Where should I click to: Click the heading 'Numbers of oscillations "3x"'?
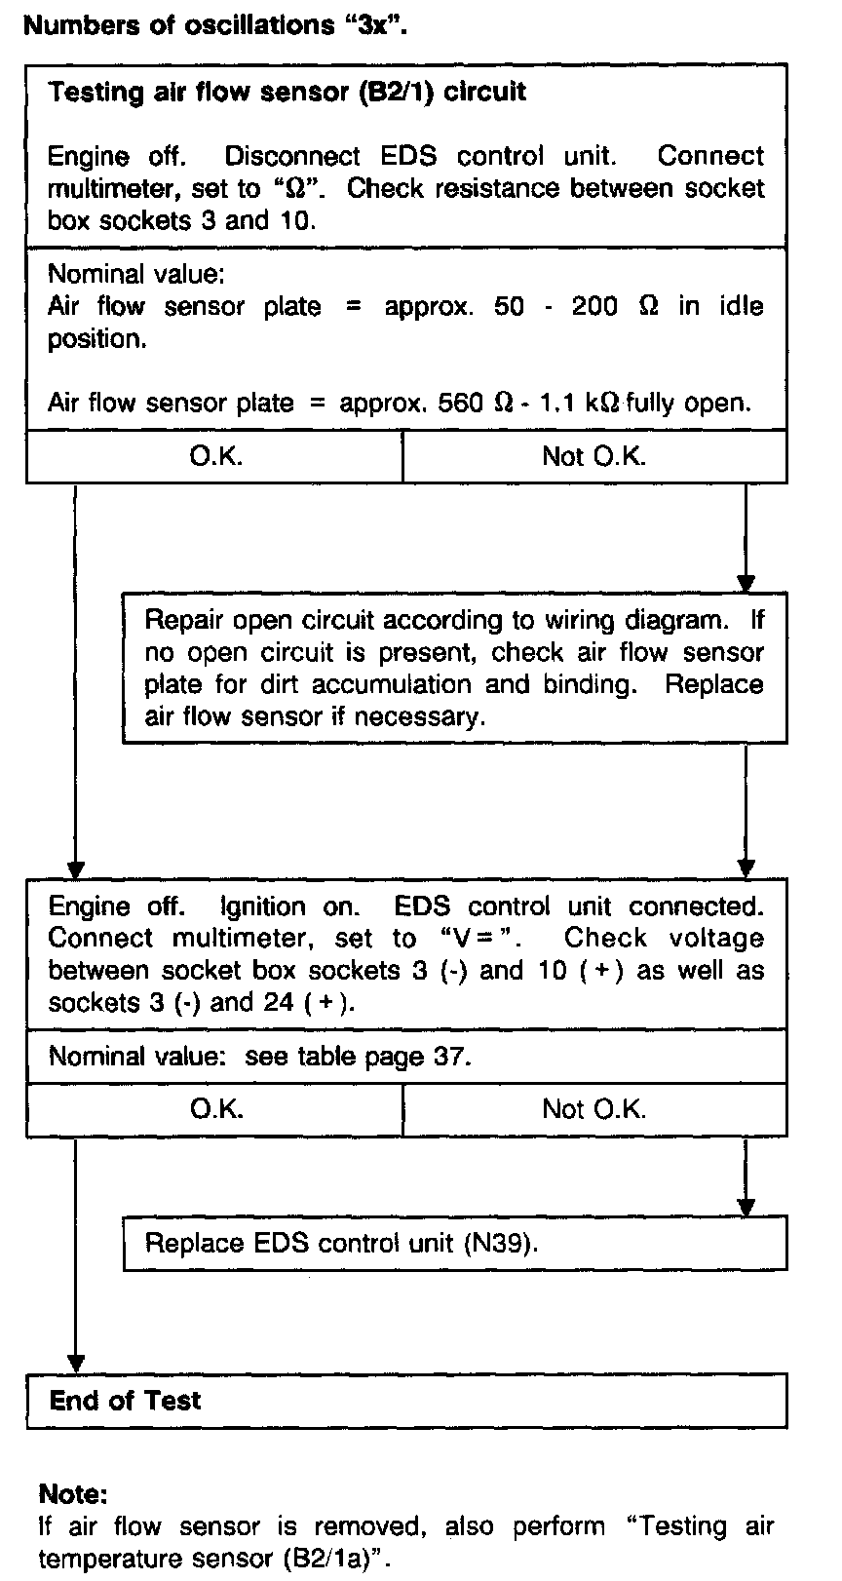(214, 25)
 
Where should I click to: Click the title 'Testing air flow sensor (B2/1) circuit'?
(287, 93)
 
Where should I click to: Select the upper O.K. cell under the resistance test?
(215, 456)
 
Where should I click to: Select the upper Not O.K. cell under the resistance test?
(593, 456)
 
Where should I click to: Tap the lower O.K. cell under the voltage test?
(215, 1109)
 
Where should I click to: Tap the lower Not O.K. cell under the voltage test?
(593, 1109)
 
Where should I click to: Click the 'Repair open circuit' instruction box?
(454, 668)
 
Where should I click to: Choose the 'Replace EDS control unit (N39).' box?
(454, 1243)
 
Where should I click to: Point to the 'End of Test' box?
(406, 1401)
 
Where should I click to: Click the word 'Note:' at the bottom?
(72, 1493)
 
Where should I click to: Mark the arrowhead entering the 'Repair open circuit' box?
(746, 584)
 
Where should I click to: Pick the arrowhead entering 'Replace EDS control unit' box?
(746, 1208)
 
